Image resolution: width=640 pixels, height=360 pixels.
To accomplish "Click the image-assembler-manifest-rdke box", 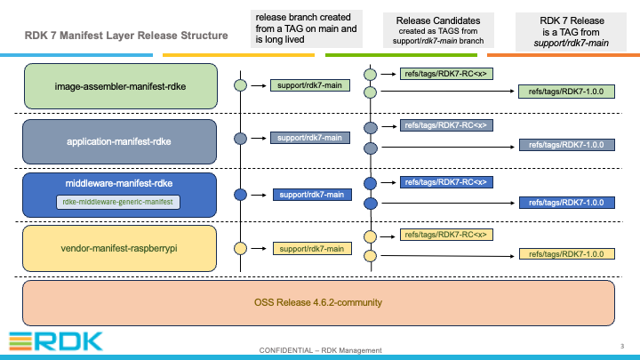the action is point(121,86).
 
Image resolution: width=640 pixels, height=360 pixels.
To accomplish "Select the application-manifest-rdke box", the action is point(120,141).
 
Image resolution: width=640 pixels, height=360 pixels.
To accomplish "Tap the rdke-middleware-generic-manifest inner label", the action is point(118,202).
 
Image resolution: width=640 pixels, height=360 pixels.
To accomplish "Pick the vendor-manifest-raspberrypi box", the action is point(120,249).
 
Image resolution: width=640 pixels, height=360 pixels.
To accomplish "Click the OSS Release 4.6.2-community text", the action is point(318,302).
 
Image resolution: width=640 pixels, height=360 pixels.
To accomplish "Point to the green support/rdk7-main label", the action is point(310,85).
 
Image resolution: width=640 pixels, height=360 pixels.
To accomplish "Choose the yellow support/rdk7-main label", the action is point(312,249).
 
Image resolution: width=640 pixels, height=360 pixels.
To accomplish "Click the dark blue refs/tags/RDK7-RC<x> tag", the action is point(446,182).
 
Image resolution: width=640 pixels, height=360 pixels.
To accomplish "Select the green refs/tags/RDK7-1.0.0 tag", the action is point(566,92).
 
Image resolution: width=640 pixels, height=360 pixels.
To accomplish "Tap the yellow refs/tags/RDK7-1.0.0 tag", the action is point(567,254).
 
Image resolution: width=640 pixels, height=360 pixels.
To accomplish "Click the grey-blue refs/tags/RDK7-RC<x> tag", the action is point(446,125).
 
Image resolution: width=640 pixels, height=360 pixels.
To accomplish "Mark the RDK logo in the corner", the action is point(56,341).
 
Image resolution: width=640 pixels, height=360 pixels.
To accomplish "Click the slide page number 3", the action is point(622,346).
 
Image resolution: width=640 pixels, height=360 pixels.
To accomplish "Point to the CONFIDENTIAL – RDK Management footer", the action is point(320,350).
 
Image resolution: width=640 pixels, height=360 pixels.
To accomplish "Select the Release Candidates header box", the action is point(438,30).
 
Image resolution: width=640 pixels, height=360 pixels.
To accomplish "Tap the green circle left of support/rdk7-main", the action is point(240,85).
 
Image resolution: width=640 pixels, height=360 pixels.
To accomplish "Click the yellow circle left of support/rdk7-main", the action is point(240,248).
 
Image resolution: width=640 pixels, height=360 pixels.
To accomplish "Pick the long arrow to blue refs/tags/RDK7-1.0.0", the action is point(448,203).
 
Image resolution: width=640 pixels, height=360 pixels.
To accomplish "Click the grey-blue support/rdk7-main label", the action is point(310,138).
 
